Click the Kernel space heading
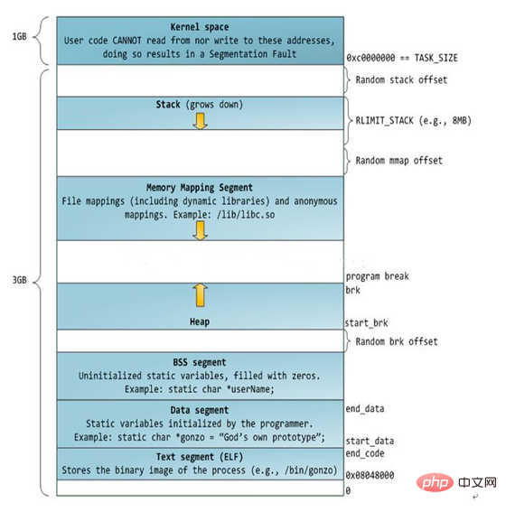coord(200,27)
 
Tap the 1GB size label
coord(19,36)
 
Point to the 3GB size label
coord(19,280)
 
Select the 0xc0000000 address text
coord(370,58)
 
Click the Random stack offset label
coord(401,80)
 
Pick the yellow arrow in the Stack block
coord(201,121)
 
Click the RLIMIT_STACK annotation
coord(413,121)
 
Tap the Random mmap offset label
coord(398,161)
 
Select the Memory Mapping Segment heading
coord(200,188)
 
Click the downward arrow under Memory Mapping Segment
coord(201,230)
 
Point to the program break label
coord(378,276)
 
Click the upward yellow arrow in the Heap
coord(201,295)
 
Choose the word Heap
coord(200,322)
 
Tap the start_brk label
coord(367,323)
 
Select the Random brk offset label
coord(397,341)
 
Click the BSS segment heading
coord(200,362)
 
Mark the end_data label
coord(365,409)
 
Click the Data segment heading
coord(200,410)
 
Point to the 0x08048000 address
coord(370,475)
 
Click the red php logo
coord(436,482)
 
